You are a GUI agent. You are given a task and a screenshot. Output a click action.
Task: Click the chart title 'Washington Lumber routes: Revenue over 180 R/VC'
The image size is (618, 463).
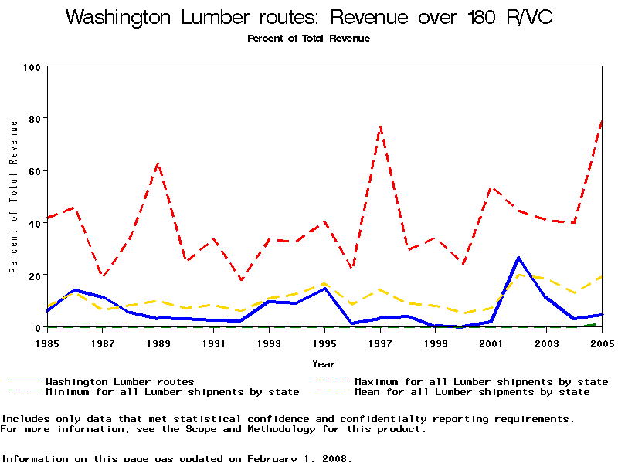[309, 18]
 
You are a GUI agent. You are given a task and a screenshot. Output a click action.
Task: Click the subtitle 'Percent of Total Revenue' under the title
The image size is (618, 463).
[309, 39]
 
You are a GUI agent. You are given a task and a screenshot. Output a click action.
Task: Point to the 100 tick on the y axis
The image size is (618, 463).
[32, 67]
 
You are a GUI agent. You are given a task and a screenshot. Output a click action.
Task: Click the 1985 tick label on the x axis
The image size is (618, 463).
[47, 343]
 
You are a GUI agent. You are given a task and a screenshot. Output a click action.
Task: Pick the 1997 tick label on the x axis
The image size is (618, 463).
[380, 343]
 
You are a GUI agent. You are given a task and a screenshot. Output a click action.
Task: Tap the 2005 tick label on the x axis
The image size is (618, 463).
[602, 343]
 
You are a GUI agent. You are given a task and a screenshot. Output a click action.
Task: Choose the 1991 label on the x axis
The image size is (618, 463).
[214, 343]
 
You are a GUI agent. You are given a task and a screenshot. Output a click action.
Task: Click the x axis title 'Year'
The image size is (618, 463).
[324, 363]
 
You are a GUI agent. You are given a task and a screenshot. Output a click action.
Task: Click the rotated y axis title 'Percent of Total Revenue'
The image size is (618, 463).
[13, 197]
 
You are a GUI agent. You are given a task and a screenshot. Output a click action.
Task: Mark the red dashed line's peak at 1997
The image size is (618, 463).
[380, 126]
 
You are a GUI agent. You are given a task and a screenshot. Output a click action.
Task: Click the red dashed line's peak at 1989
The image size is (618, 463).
[158, 163]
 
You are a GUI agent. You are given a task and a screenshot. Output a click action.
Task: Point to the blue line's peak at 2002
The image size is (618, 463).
[518, 257]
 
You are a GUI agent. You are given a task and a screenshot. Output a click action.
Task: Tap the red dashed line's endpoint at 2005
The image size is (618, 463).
[602, 120]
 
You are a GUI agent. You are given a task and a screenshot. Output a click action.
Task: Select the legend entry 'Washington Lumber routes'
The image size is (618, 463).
[120, 382]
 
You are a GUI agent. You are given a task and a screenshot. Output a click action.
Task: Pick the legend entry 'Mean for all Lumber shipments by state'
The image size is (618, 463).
[472, 392]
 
